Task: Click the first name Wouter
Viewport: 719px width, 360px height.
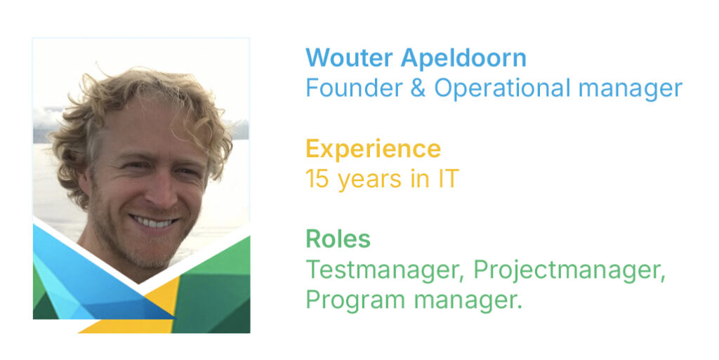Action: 349,58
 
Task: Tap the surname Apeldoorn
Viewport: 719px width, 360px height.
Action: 463,59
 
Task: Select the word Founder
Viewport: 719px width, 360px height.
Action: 354,88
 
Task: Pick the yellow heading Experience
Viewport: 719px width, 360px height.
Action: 374,149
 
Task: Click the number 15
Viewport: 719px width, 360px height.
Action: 317,179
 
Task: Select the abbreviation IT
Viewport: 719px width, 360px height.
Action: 447,179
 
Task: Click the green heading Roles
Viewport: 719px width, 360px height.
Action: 338,239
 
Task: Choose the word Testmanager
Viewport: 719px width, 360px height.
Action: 385,270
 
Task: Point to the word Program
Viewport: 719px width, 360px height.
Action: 355,301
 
